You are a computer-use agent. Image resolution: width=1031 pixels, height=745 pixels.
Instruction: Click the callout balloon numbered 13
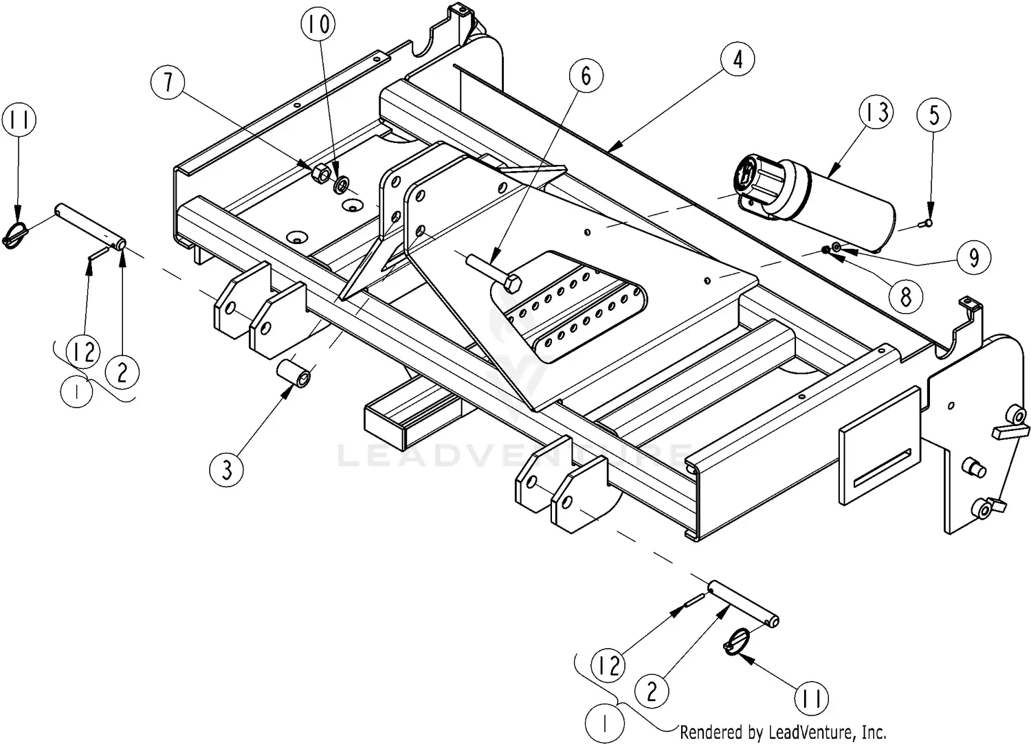(x=876, y=113)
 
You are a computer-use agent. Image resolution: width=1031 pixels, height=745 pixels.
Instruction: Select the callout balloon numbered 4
(x=738, y=60)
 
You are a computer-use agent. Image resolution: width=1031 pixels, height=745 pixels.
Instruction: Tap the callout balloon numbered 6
(x=586, y=75)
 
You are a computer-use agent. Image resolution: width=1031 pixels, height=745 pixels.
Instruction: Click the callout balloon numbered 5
(x=934, y=115)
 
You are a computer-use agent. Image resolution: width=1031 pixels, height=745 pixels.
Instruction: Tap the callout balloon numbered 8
(x=905, y=296)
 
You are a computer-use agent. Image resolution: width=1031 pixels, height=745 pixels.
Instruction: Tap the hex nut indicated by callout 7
(x=319, y=173)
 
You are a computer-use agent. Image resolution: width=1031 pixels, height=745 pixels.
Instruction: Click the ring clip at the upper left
(x=16, y=234)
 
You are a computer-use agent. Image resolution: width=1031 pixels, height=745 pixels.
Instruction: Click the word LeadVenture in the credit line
(x=800, y=732)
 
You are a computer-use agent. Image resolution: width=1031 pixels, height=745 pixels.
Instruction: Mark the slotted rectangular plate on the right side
(x=880, y=447)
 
